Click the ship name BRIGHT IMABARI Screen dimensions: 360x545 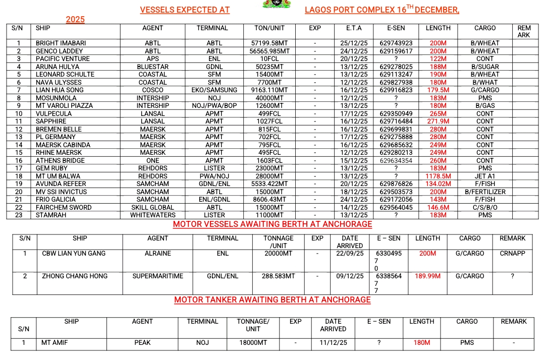[x=58, y=43]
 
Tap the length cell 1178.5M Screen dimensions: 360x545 [x=438, y=176]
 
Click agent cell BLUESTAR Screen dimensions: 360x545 [x=152, y=67]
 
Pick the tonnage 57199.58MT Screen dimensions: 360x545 [x=270, y=43]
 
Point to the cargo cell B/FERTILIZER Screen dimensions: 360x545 [x=484, y=192]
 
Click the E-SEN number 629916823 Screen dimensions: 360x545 [x=396, y=90]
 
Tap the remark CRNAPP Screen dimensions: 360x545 [x=513, y=254]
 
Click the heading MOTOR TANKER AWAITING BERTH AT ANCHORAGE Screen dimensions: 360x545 [x=272, y=300]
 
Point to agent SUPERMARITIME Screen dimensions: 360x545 [x=158, y=276]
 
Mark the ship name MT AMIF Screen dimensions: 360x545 [x=54, y=343]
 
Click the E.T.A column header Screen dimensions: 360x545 [x=354, y=28]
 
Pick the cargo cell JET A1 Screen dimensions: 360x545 [x=484, y=176]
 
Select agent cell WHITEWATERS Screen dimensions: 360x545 [x=152, y=215]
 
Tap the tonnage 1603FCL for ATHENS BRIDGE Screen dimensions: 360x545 [x=270, y=160]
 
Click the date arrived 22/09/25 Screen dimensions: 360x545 [x=350, y=254]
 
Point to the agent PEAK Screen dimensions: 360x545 [x=142, y=343]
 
